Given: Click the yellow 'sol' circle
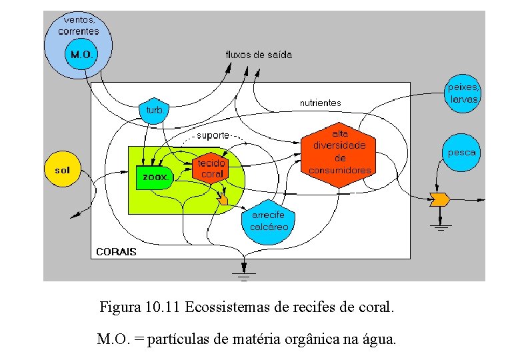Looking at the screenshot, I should coord(62,170).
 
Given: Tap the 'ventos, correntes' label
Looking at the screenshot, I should coord(78,25).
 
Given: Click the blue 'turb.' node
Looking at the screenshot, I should coord(154,110).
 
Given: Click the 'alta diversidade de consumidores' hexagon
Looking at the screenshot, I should coord(339,153).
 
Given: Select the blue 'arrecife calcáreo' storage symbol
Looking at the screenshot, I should coord(269,221).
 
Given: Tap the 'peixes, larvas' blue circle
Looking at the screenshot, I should coord(463,93).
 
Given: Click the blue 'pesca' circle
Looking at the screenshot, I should coord(461,153).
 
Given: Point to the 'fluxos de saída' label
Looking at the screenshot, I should coord(258,55).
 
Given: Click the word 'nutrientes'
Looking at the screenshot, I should coord(320,103).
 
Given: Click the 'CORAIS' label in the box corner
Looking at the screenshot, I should coord(116,251).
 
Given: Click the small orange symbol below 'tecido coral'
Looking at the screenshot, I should coord(223,199).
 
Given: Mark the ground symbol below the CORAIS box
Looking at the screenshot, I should coord(244,271).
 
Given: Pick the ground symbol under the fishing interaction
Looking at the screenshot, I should coord(440,227).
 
